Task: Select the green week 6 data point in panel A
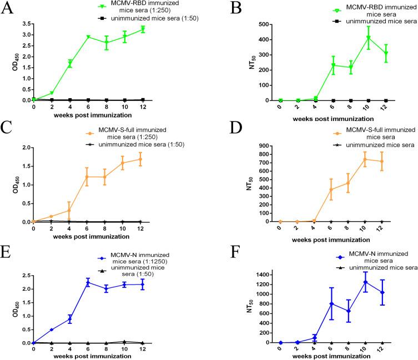coord(88,37)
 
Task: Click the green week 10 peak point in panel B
coord(369,38)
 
